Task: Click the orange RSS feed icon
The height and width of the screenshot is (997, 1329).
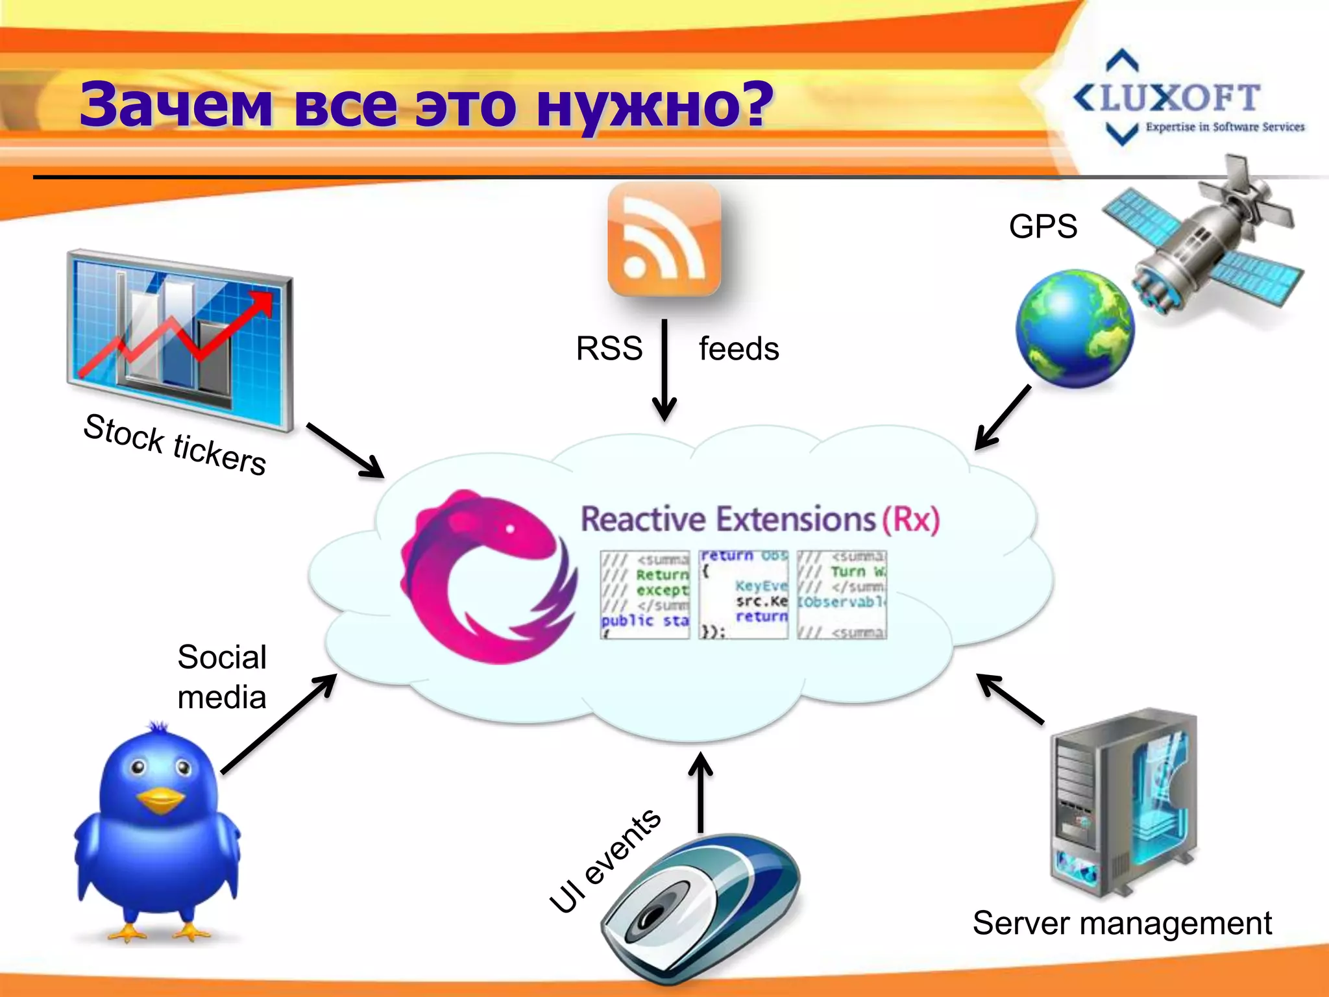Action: (x=664, y=240)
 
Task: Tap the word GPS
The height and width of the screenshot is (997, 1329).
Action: (x=1043, y=227)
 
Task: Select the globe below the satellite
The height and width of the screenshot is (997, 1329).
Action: (x=1074, y=329)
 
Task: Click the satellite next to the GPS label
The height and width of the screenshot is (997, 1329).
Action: (x=1207, y=247)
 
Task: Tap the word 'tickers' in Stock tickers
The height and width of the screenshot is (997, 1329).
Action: (x=219, y=453)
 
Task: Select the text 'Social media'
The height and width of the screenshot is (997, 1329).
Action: (x=222, y=677)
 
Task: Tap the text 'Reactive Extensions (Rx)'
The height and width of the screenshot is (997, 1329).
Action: (x=759, y=519)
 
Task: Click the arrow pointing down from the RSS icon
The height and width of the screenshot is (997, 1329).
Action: (x=664, y=370)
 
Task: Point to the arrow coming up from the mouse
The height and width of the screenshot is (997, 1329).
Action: (x=700, y=792)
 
